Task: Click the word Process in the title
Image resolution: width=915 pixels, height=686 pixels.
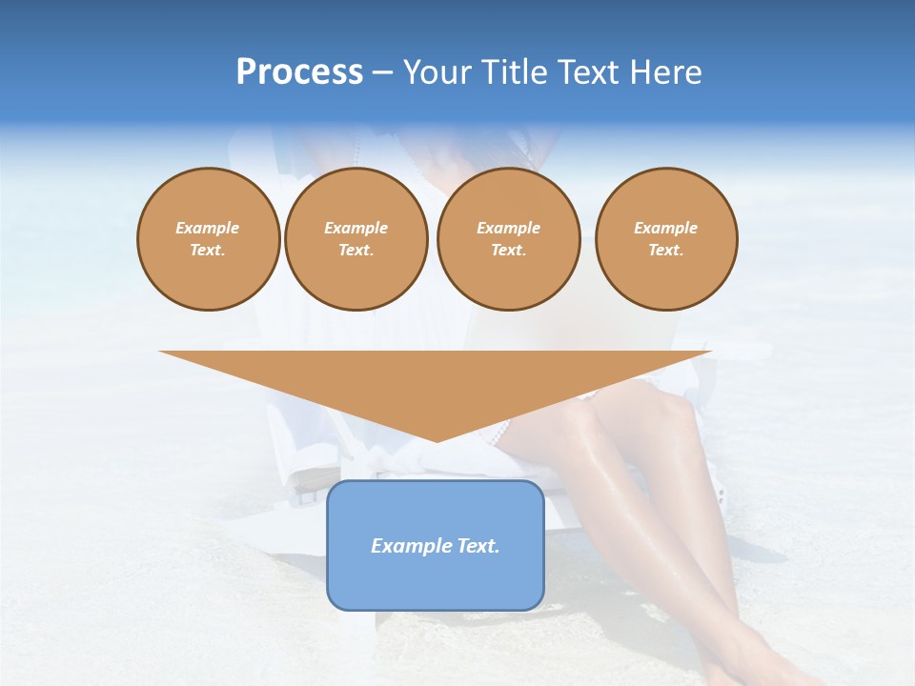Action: (299, 72)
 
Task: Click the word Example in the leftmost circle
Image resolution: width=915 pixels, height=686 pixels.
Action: (208, 228)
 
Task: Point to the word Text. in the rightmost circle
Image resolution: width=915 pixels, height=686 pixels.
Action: (666, 250)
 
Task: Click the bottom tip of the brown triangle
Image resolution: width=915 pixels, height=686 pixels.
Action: (437, 439)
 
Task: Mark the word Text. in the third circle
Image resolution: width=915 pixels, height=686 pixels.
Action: (508, 250)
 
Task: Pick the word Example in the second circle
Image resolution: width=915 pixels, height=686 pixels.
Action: (356, 228)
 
